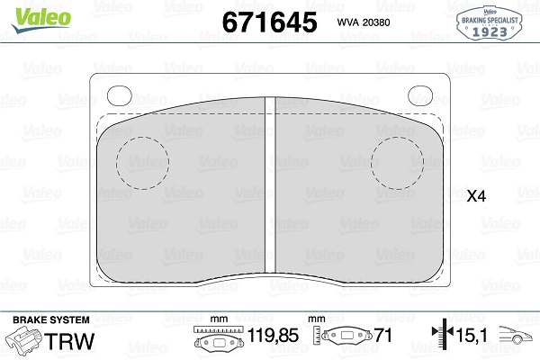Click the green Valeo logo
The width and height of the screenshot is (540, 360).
pos(41,19)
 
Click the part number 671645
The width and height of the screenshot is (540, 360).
pos(270,22)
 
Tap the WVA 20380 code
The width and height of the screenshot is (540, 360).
pos(364,22)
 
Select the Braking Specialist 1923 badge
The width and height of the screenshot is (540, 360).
pos(490,22)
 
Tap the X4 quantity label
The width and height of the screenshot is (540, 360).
pos(476,196)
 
